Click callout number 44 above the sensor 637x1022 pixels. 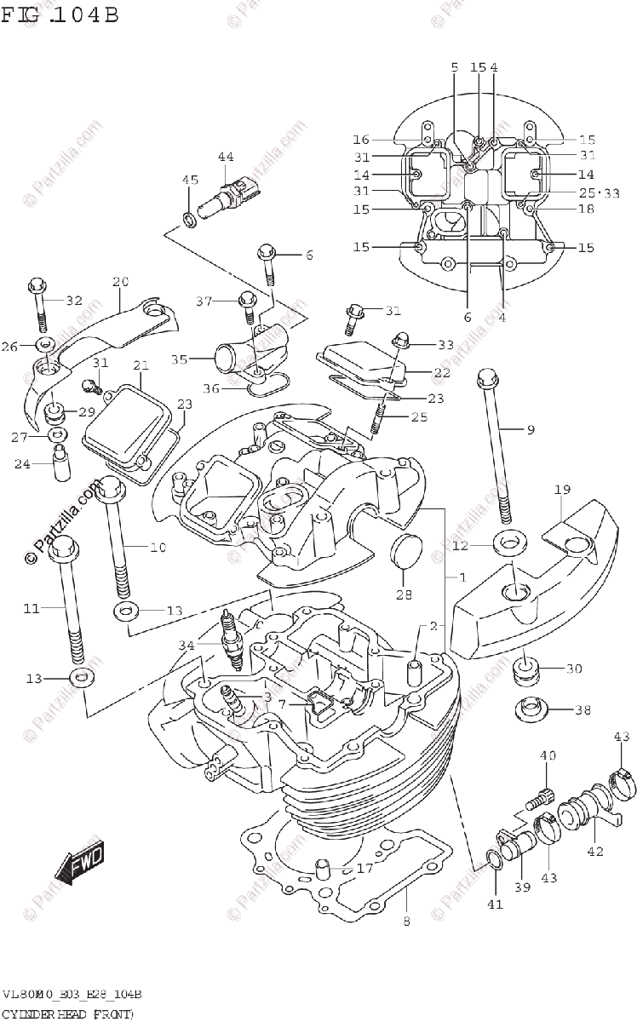coord(226,157)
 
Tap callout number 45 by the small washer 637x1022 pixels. coord(190,180)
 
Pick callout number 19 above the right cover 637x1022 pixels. coord(562,490)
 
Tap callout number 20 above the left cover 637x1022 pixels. coord(120,282)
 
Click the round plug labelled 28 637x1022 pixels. coord(405,551)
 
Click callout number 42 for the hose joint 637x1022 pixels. coord(594,851)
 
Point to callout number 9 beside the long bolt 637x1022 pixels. coord(530,430)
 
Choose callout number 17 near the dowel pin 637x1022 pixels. coord(365,870)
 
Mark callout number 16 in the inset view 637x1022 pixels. coord(361,140)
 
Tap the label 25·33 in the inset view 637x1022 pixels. coord(600,193)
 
